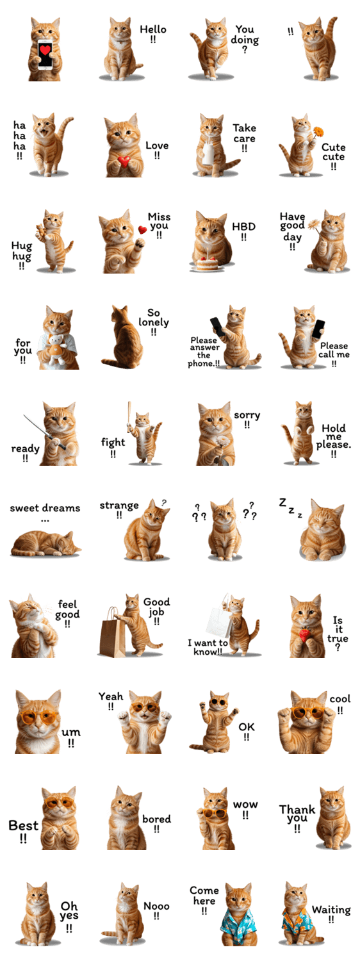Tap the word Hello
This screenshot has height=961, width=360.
(x=153, y=29)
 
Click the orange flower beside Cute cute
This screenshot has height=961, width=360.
(x=318, y=131)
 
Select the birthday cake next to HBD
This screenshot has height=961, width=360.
(x=208, y=263)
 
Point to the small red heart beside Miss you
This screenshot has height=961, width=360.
(x=142, y=230)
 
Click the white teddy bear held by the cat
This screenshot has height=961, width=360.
(x=56, y=349)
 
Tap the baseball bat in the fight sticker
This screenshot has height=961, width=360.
(x=129, y=416)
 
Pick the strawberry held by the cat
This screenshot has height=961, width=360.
(x=305, y=635)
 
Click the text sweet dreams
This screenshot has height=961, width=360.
(x=45, y=508)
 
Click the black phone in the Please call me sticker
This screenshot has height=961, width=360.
(x=318, y=329)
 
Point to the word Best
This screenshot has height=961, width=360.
(x=24, y=825)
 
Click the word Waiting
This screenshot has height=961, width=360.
(x=331, y=910)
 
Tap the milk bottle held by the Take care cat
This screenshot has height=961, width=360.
(x=209, y=154)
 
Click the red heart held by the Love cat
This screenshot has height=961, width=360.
(x=124, y=161)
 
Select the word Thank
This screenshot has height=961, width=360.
(x=297, y=810)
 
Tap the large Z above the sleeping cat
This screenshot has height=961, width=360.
(x=282, y=502)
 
